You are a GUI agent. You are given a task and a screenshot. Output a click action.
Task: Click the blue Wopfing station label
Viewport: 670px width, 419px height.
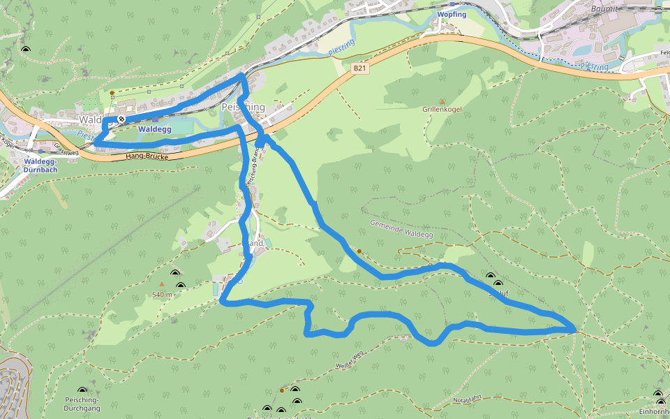452,15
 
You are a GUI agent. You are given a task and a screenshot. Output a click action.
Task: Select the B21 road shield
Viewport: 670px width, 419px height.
359,68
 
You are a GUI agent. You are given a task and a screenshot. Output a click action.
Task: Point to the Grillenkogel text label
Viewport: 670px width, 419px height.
442,110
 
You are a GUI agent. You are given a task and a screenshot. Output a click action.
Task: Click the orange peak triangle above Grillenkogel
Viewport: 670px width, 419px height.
442,102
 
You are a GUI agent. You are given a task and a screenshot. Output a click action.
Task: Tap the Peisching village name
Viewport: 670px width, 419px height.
243,107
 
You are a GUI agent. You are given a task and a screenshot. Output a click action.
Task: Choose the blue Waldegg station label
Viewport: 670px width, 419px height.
154,129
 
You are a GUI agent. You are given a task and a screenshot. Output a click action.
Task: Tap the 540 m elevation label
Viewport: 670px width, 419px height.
162,295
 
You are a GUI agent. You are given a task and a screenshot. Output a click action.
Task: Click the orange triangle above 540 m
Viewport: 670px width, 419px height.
162,285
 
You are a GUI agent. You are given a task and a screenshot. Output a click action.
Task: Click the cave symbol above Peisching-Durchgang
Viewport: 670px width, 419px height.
82,392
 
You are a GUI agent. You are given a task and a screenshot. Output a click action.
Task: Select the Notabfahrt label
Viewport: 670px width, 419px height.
467,399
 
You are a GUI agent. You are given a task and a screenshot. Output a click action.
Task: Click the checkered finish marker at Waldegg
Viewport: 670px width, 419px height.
121,119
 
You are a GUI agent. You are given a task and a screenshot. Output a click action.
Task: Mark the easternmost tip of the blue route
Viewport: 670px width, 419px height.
575,328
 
